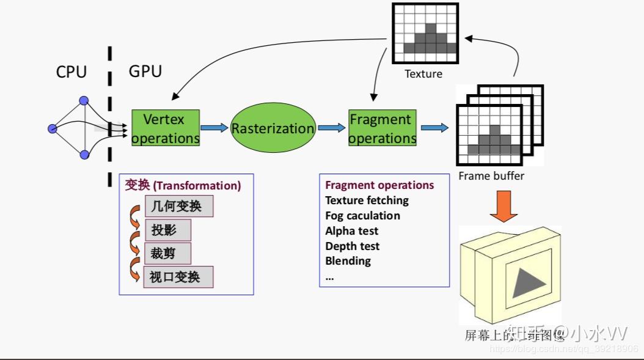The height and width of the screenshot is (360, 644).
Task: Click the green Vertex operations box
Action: [166, 128]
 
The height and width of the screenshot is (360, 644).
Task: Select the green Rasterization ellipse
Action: [273, 128]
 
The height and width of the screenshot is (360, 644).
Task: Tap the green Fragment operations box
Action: [382, 128]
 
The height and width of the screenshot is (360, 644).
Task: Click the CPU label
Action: [71, 72]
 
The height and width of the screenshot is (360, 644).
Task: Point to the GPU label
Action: [145, 72]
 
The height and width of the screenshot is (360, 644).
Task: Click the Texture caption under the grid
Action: [423, 74]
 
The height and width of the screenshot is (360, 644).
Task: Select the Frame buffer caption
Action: [491, 176]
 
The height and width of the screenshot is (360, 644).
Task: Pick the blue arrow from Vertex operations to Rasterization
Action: [214, 128]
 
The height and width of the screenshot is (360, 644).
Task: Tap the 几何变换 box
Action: [178, 207]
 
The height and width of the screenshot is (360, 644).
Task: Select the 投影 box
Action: [167, 230]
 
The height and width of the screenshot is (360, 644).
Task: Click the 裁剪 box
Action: [167, 253]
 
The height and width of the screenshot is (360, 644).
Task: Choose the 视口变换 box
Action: [178, 277]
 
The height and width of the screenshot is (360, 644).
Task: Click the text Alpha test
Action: [351, 231]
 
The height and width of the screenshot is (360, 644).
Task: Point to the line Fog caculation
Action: [362, 216]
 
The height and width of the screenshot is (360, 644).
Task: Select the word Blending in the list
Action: [348, 261]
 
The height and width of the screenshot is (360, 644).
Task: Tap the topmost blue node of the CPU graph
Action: [84, 101]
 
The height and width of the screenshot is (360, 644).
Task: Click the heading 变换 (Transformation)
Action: [183, 185]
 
